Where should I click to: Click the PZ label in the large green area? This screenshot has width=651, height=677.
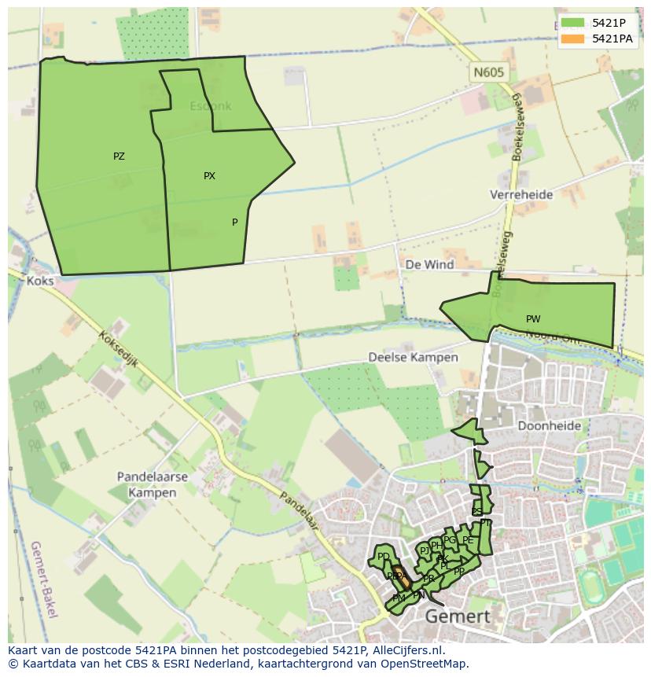[x=119, y=156]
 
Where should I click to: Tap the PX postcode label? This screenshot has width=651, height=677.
[x=209, y=176]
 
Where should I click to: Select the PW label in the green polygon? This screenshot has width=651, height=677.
[x=533, y=319]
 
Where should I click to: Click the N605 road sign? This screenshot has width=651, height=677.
[x=488, y=73]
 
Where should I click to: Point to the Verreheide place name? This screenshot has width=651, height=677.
[x=521, y=194]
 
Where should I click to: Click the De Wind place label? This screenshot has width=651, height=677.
[x=429, y=265]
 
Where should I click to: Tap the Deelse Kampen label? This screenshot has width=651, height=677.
[x=413, y=357]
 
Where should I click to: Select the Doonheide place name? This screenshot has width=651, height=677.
[x=550, y=426]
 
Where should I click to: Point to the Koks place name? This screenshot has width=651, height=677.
[x=39, y=281]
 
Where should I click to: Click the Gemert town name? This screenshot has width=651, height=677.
[x=458, y=616]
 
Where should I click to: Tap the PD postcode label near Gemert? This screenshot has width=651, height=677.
[x=384, y=557]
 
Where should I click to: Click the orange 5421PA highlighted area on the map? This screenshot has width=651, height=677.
[x=400, y=576]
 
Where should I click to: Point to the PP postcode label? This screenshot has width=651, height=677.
[x=459, y=572]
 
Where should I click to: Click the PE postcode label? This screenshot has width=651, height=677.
[x=468, y=540]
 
